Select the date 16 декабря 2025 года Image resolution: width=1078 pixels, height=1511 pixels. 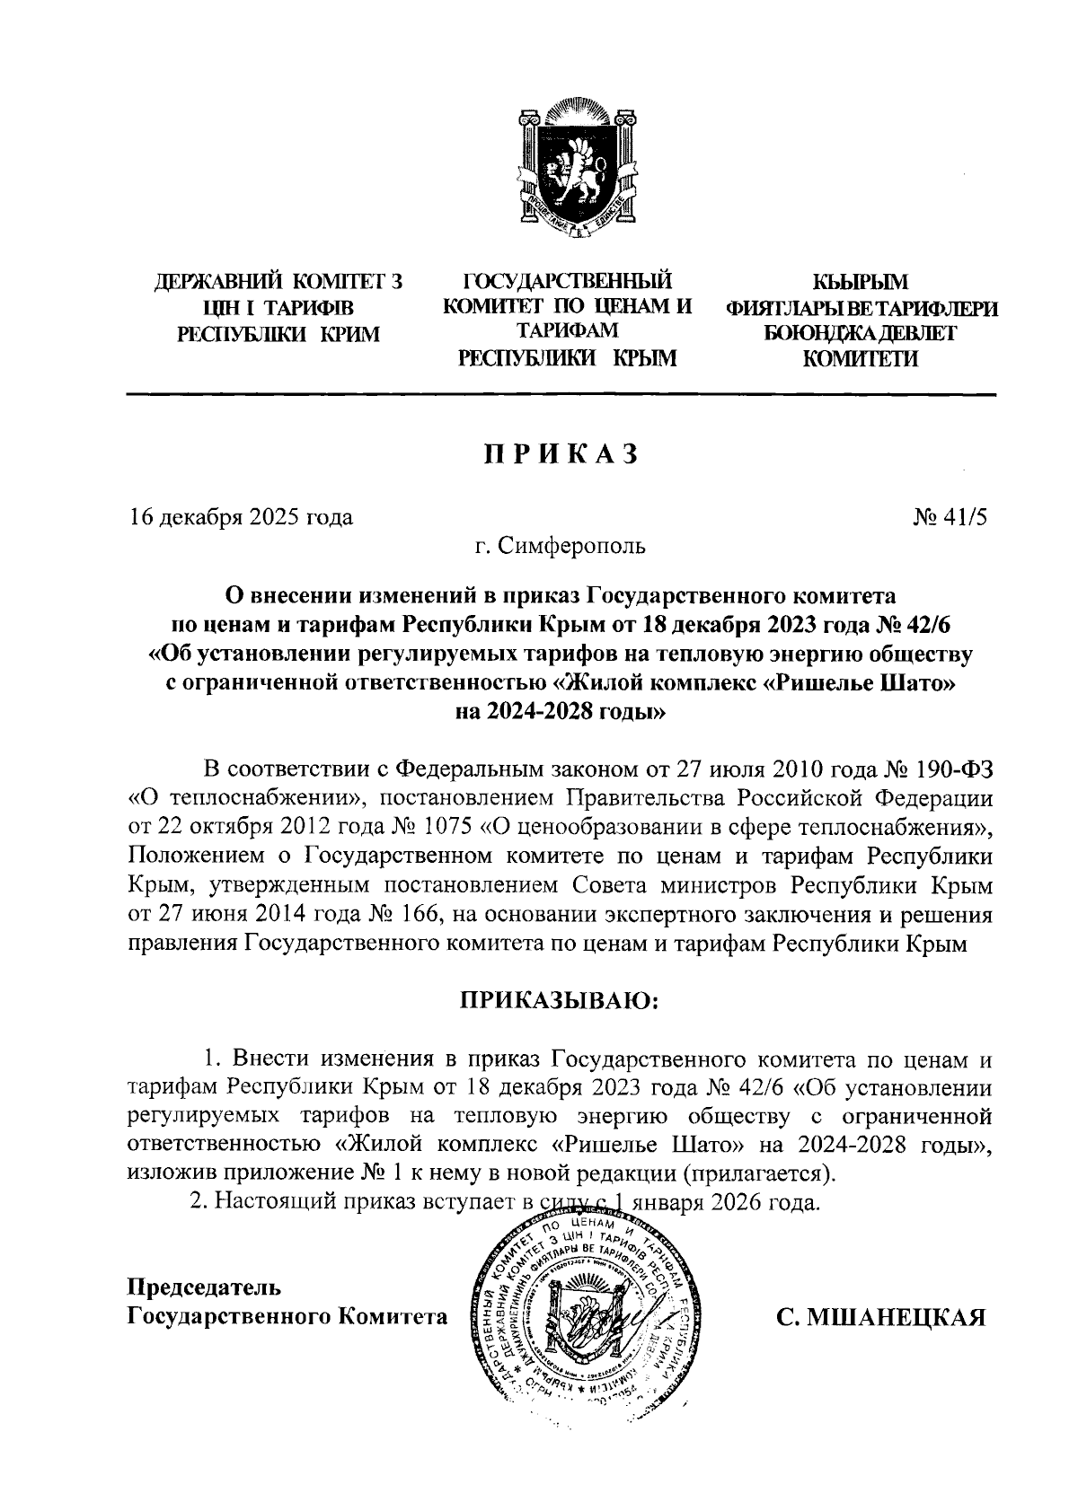(241, 517)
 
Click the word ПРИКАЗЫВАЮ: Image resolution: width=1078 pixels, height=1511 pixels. (561, 1000)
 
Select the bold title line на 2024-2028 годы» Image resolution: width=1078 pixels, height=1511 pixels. (561, 714)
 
